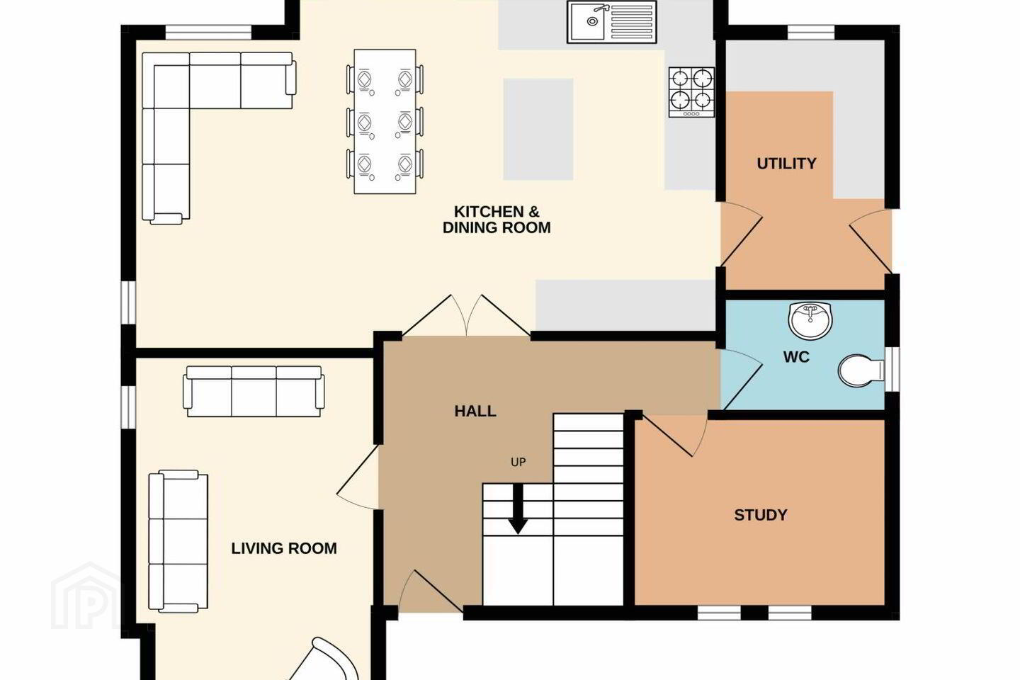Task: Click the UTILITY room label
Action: tap(786, 164)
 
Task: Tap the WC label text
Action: tap(796, 357)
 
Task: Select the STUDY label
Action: tap(761, 515)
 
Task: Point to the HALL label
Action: tap(475, 412)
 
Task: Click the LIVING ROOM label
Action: tap(284, 548)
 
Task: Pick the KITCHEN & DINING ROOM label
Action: tap(497, 220)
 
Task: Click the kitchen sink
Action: tap(611, 22)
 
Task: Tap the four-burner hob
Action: tap(691, 92)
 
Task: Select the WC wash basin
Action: tap(810, 320)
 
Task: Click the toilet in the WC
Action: tap(860, 370)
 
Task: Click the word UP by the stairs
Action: tap(518, 463)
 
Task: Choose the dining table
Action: tap(385, 122)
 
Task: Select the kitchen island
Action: tap(538, 130)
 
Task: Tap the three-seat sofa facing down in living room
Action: tap(254, 391)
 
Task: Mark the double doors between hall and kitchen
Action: tap(466, 315)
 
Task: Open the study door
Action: tap(674, 434)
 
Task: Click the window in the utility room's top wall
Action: tap(811, 33)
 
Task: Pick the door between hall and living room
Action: tap(358, 477)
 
